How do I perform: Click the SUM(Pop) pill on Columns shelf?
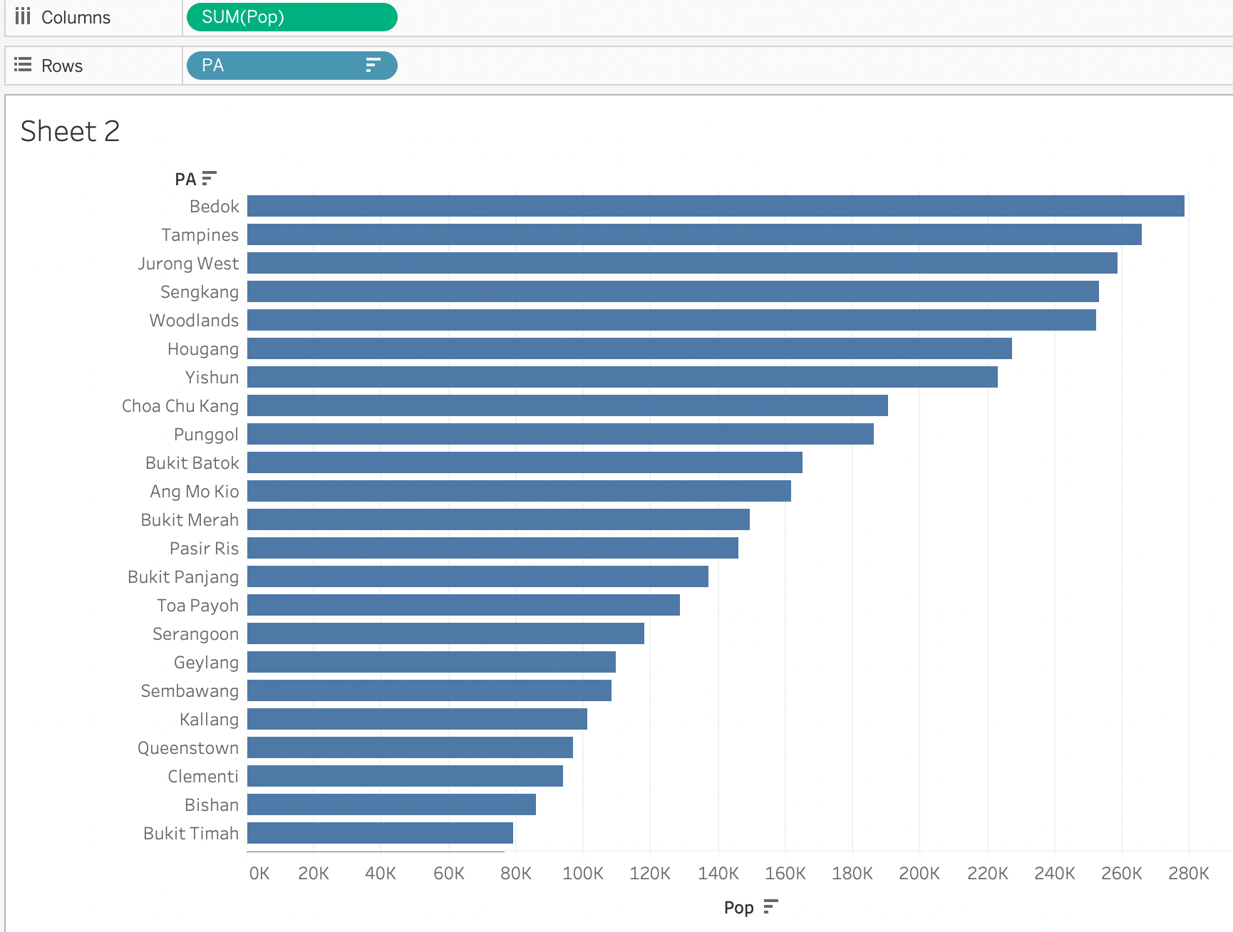(292, 17)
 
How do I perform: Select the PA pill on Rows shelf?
(292, 66)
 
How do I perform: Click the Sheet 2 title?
(70, 132)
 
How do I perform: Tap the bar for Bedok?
(716, 206)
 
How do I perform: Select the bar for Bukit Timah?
(380, 833)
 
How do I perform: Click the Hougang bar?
(629, 348)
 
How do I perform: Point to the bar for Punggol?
(560, 434)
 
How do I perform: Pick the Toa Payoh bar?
(463, 605)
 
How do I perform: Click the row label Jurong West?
(188, 264)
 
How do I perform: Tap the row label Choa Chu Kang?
(180, 406)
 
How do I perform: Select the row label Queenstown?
(188, 748)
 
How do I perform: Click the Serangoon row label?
(195, 634)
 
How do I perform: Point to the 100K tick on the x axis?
(583, 874)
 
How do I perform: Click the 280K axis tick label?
(1188, 874)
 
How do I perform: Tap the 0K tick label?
(259, 874)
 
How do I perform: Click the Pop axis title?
(738, 908)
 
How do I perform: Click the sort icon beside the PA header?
(209, 178)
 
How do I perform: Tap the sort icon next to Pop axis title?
(770, 906)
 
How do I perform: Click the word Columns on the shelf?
(76, 18)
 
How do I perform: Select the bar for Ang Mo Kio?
(519, 491)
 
